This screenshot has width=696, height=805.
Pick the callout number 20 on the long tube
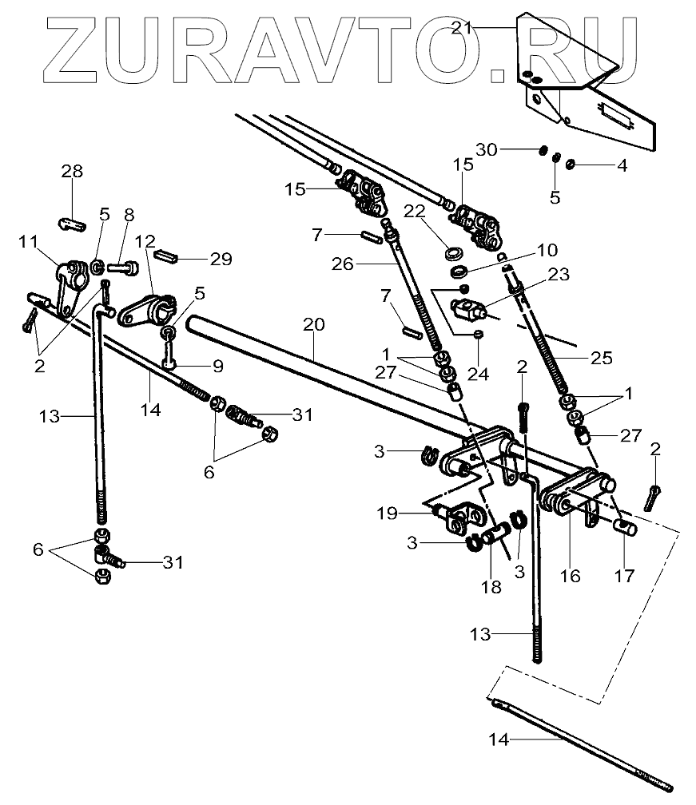click(313, 325)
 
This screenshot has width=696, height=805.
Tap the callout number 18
click(491, 587)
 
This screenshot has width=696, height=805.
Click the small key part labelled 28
click(73, 223)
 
